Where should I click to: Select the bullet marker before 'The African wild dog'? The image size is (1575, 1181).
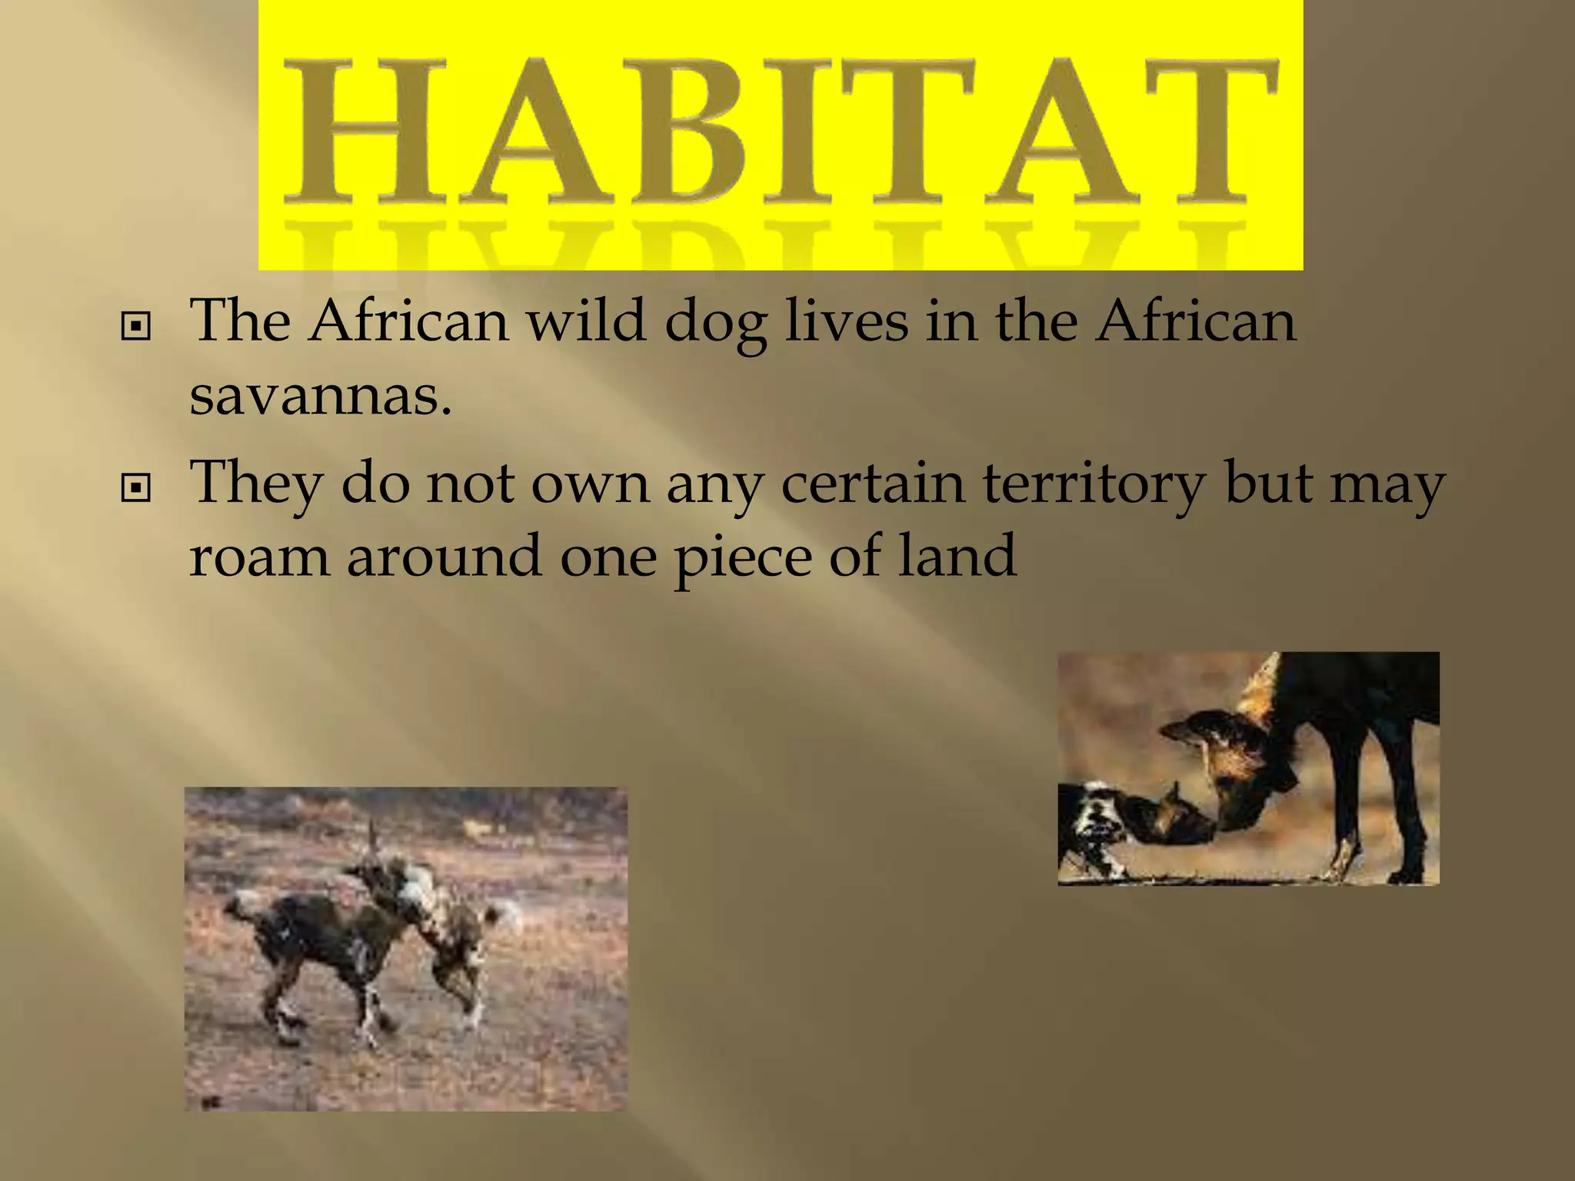coord(136,327)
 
